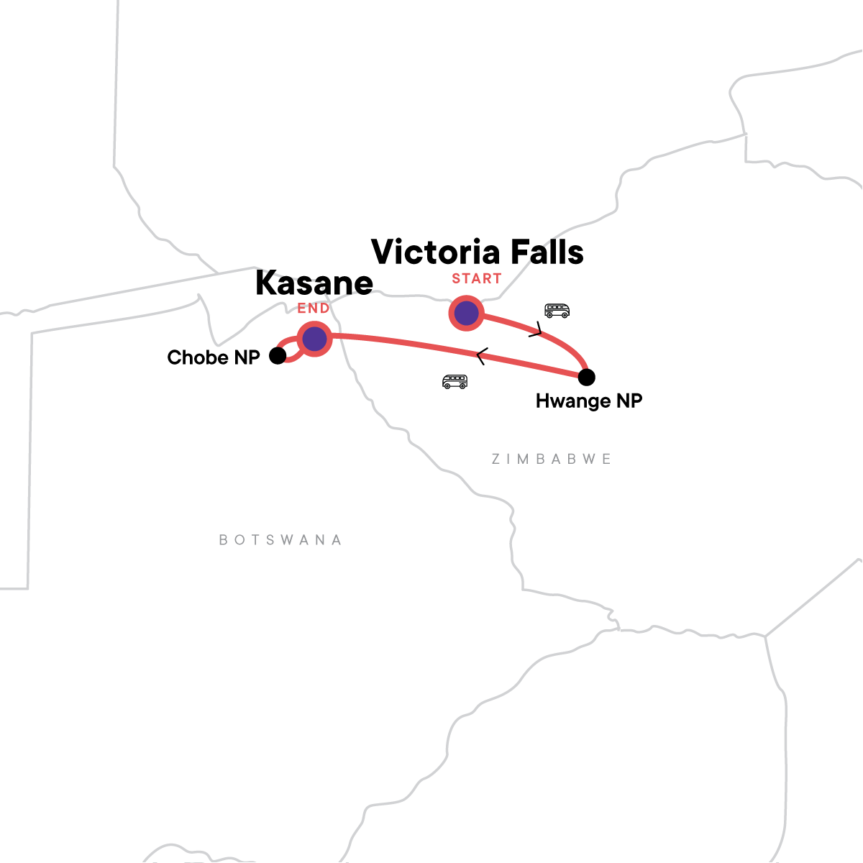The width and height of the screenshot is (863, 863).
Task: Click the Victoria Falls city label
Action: (478, 252)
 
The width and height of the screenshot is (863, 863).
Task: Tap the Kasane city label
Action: (314, 283)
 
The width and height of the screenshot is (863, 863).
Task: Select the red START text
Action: (477, 279)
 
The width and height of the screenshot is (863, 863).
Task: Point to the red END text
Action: (314, 309)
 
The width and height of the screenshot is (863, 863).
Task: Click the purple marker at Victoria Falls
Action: (466, 314)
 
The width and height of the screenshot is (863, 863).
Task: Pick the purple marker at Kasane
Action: (314, 339)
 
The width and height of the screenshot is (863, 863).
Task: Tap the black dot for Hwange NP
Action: (587, 377)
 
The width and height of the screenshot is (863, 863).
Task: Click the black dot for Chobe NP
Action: (278, 355)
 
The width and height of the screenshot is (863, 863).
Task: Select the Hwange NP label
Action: (588, 401)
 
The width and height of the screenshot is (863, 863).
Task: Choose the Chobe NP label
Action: (214, 357)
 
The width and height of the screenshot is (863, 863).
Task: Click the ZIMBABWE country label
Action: (552, 459)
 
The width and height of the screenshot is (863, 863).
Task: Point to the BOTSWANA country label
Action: (280, 540)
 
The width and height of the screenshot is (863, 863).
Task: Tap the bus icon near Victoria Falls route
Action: (557, 311)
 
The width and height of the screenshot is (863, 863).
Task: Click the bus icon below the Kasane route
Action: (455, 381)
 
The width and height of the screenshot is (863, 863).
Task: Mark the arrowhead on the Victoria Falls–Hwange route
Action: (536, 331)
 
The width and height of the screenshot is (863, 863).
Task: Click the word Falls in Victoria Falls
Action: (543, 252)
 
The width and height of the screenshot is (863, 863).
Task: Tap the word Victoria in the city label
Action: (436, 252)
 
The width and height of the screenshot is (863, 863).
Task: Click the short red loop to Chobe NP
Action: (291, 351)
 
